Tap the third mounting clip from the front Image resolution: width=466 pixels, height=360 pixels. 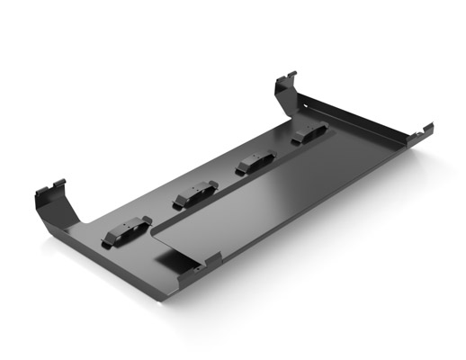(254, 163)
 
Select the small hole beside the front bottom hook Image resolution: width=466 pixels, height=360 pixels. (193, 267)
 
